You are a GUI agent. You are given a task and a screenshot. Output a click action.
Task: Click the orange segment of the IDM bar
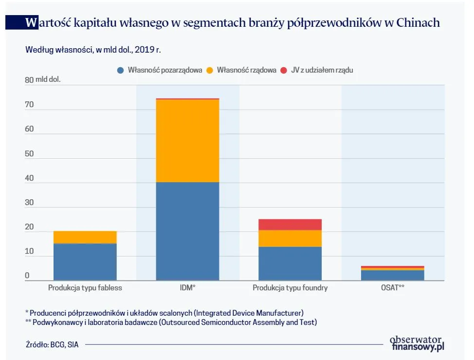187,141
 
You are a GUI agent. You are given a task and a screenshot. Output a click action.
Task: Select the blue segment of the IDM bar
187,231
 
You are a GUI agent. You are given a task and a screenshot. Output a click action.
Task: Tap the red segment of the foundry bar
290,225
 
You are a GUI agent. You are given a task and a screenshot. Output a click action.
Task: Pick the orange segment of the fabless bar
85,237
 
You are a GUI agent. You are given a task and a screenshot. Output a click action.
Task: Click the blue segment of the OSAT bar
392,275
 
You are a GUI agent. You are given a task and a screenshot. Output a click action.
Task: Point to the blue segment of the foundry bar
290,264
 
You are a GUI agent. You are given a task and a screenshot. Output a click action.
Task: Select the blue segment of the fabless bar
85,262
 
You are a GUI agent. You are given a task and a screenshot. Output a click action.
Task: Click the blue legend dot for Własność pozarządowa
121,70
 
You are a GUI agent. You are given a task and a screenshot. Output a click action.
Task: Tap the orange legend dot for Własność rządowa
210,70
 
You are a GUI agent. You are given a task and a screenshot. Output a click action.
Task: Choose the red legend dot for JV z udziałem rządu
284,70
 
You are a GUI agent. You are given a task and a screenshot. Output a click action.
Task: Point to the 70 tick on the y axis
30,104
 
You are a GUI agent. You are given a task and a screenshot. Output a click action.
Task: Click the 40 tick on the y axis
30,178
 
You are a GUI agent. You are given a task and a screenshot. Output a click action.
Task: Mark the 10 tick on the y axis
30,251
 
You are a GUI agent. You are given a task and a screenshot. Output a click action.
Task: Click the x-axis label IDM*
187,288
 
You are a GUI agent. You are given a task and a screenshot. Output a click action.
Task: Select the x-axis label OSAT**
392,288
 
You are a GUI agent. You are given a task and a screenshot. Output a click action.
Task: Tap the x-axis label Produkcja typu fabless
85,288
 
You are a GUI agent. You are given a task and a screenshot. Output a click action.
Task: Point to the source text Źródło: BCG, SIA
52,344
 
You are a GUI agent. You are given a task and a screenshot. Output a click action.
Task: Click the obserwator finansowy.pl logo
417,343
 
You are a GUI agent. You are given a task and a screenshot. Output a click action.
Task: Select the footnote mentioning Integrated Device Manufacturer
164,312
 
